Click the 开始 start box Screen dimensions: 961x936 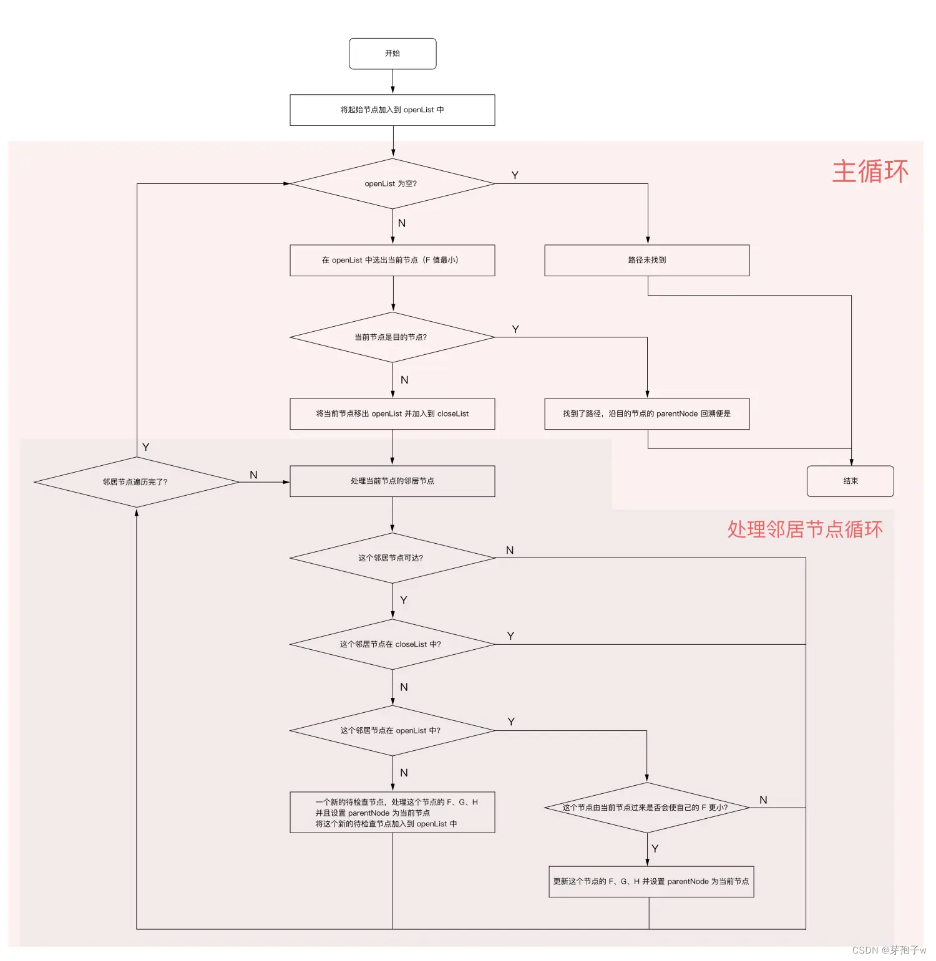(392, 54)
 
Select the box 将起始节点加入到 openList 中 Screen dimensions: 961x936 (392, 110)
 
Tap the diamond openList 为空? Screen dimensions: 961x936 (392, 183)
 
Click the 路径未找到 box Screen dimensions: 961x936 (647, 260)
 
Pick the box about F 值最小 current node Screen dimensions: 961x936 (392, 260)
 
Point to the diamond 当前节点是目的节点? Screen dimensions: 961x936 (392, 337)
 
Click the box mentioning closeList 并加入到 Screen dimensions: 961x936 (392, 413)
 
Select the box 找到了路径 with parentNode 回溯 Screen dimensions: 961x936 (647, 413)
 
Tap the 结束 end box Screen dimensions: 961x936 (850, 481)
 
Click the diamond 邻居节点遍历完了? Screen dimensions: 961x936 (136, 482)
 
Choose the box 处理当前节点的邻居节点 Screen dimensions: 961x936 (392, 481)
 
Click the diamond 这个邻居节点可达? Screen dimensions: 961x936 (392, 558)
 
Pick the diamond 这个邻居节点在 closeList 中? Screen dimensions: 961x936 (392, 644)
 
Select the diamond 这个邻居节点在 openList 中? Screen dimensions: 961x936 (392, 730)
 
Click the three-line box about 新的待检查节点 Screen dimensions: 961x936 (392, 813)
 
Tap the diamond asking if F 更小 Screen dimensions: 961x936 (646, 808)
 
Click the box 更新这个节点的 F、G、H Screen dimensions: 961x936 (651, 881)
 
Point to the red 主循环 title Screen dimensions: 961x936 (870, 171)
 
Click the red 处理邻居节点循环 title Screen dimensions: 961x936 (805, 529)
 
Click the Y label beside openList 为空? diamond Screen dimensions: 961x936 (515, 175)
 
